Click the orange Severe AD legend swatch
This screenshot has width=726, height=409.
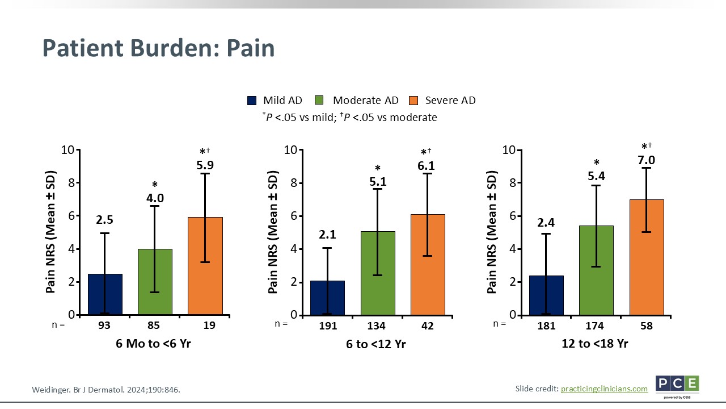[413, 101]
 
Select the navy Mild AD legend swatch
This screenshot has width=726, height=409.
[252, 101]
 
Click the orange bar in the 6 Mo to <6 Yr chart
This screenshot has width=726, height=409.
[205, 266]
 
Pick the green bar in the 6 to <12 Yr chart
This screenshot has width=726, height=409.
[378, 273]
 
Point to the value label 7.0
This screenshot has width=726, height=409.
[646, 160]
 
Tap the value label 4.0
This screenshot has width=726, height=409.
[155, 198]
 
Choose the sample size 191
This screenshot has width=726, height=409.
[328, 326]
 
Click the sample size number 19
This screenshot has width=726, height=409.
[205, 326]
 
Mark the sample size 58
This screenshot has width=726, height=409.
[646, 326]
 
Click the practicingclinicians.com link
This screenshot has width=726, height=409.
[604, 389]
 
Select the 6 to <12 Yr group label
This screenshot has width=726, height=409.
[377, 344]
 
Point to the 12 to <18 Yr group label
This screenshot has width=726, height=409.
[595, 344]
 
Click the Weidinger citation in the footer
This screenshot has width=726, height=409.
[107, 390]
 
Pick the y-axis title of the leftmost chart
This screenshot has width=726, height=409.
[51, 232]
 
